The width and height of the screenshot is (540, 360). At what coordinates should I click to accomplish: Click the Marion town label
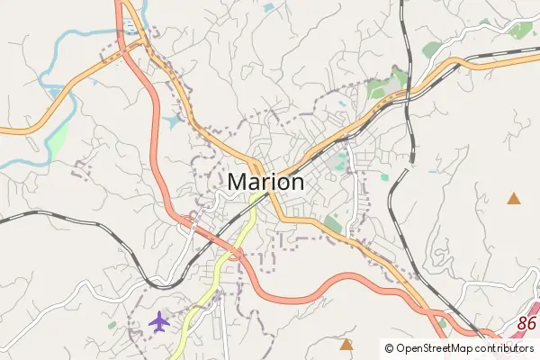click(265, 181)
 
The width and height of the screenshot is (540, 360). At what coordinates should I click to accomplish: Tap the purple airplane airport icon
click(159, 320)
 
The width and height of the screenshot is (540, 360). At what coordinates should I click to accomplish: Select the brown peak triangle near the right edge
click(514, 198)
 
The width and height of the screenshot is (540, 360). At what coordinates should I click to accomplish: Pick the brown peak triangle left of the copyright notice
click(346, 343)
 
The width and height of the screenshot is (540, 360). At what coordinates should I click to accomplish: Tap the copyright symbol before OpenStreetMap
click(389, 347)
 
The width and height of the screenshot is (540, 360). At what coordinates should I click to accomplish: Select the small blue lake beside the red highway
click(174, 120)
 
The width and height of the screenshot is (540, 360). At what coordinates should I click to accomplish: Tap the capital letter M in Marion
click(238, 181)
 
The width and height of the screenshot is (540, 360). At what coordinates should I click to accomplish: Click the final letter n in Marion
click(295, 182)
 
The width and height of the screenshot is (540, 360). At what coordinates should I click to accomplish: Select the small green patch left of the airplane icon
click(112, 325)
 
